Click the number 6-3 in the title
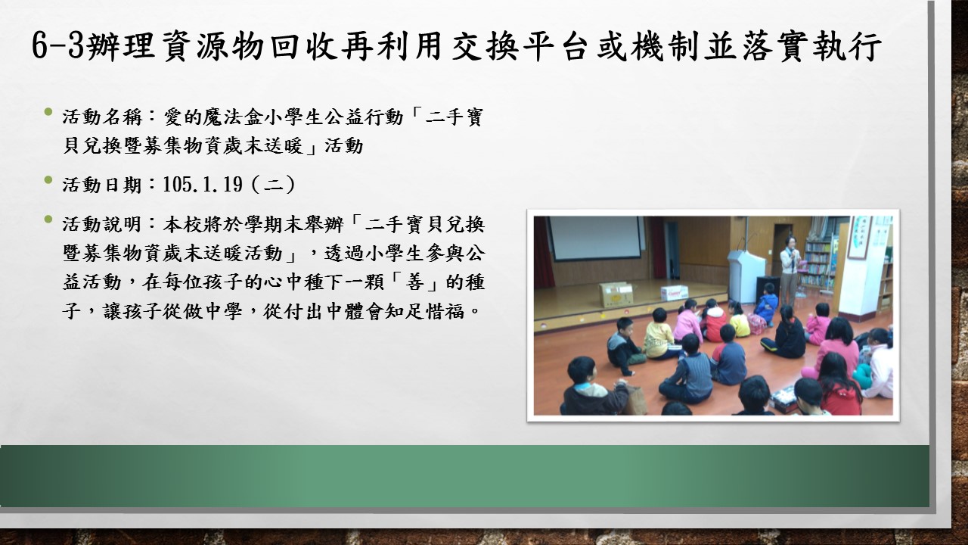[58, 45]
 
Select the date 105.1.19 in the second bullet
[203, 185]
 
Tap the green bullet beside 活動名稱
[48, 112]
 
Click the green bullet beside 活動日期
[48, 179]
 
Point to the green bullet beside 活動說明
[48, 220]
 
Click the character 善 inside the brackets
[414, 282]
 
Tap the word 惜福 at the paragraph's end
[445, 311]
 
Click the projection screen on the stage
[594, 238]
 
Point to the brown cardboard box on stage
[616, 294]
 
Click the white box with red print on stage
[674, 292]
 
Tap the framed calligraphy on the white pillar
[860, 238]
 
